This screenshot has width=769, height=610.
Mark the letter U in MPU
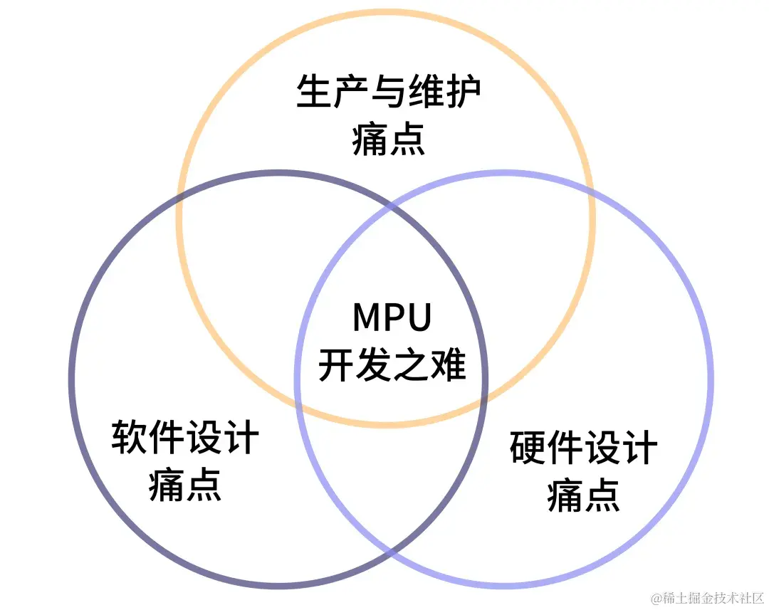point(420,318)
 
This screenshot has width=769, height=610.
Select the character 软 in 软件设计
point(130,437)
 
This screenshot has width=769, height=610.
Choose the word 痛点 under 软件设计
point(185,484)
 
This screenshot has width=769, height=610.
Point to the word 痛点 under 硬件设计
point(583,495)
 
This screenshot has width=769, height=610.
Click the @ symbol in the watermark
point(656,596)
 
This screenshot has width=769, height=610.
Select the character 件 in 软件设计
point(167,437)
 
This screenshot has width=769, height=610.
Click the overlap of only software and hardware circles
point(390,484)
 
